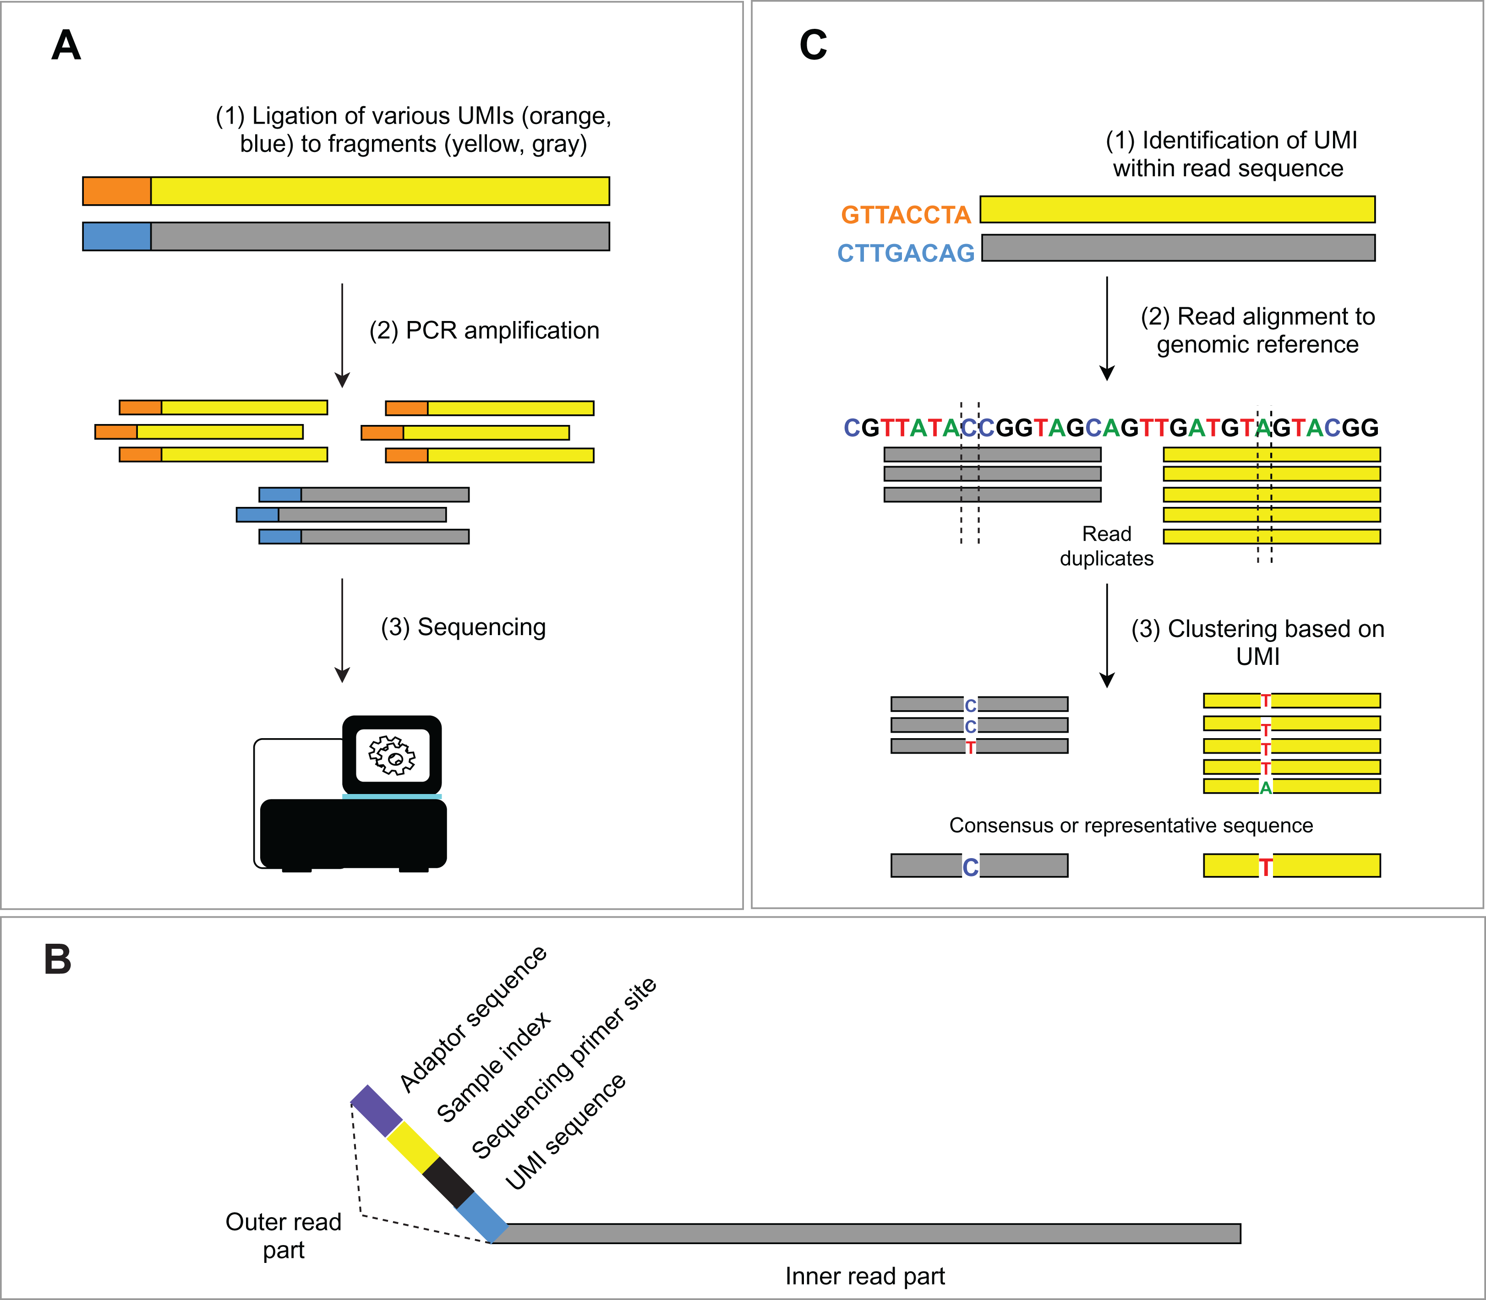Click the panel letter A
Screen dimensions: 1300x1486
click(x=66, y=46)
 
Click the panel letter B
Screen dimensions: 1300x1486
click(x=58, y=960)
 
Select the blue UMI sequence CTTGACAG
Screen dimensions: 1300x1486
click(x=906, y=253)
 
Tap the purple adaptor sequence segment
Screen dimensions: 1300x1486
click(x=376, y=1111)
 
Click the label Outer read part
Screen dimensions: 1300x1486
click(x=283, y=1235)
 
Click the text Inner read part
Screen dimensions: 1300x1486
click(x=865, y=1276)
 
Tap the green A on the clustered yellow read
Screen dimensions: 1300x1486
click(x=1265, y=788)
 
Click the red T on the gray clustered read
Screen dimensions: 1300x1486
click(x=970, y=747)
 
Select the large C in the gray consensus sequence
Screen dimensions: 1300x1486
click(x=970, y=867)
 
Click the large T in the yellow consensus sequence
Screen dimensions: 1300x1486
click(x=1265, y=867)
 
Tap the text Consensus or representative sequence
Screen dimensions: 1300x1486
click(x=1131, y=826)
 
